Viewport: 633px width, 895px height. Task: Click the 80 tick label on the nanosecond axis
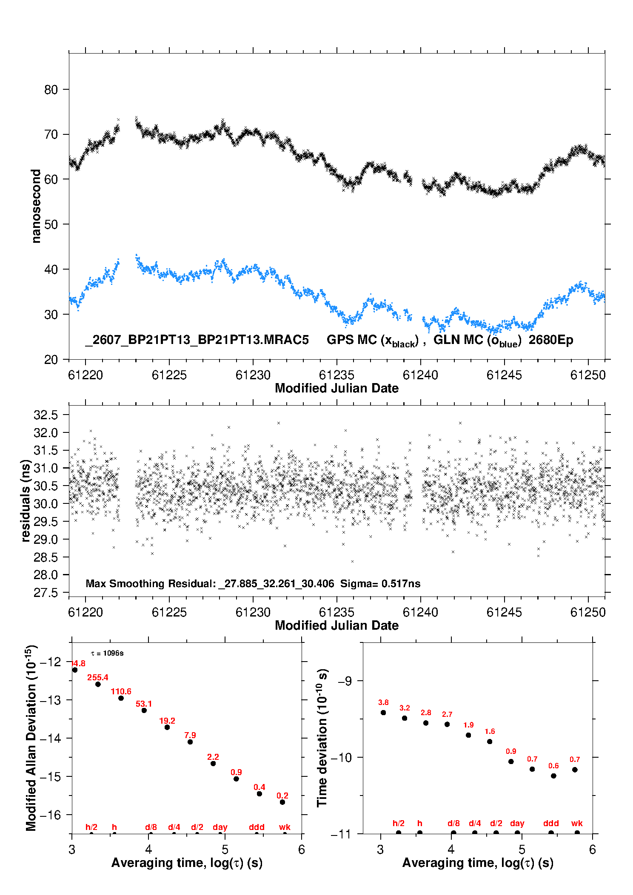coord(51,90)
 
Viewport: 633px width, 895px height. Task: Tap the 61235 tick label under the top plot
coord(336,375)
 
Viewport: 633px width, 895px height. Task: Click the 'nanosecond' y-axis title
coord(36,206)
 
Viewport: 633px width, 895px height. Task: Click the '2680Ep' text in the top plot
coord(551,340)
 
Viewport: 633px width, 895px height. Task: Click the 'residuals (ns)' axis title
coord(26,501)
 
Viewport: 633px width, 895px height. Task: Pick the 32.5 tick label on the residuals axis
coord(46,415)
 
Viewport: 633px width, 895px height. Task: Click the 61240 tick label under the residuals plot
coord(420,612)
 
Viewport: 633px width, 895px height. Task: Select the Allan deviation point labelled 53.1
coord(144,710)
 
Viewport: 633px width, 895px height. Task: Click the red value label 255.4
coord(98,677)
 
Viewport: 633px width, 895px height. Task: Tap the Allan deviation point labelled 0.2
coord(282,802)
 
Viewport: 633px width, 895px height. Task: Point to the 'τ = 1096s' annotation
coord(108,653)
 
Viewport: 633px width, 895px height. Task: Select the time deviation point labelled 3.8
coord(383,713)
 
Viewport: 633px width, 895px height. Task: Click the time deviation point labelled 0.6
coord(553,776)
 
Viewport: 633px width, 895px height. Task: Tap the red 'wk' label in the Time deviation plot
coord(577,824)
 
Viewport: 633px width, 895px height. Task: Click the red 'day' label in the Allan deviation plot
coord(220,827)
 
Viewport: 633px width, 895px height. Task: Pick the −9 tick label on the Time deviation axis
coord(345,681)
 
